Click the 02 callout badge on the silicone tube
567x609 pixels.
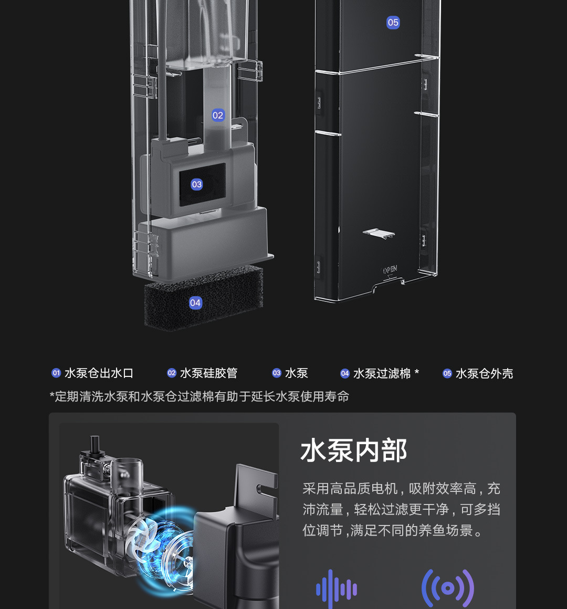(218, 115)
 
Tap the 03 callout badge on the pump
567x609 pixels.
(196, 184)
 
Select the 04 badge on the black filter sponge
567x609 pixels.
(195, 302)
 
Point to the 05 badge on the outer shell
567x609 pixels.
(393, 23)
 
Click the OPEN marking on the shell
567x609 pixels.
(390, 270)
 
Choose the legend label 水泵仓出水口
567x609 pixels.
(99, 373)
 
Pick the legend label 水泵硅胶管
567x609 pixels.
(208, 373)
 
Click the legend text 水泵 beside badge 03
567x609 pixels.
(297, 373)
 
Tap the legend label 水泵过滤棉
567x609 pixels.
(382, 373)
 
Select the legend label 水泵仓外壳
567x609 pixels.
(484, 373)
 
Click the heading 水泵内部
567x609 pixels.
(354, 450)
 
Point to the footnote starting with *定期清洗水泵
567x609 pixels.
(199, 396)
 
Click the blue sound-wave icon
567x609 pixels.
(337, 589)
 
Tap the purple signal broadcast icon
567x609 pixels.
(448, 589)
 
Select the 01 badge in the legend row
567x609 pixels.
(56, 373)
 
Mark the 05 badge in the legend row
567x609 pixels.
(447, 373)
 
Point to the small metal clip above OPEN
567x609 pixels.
(379, 233)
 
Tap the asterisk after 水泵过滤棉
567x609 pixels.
(417, 372)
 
